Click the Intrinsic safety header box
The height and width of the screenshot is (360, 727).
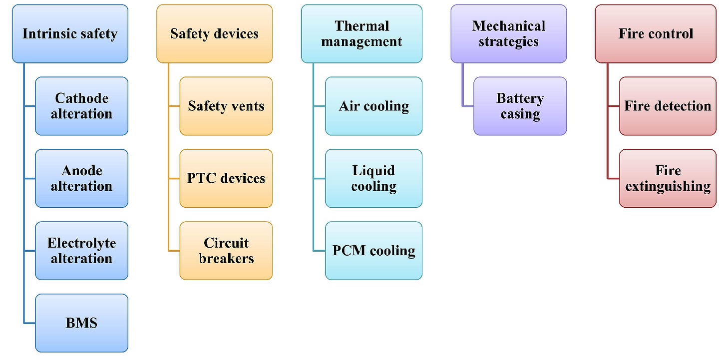point(70,34)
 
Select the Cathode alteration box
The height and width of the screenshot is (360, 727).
point(81,106)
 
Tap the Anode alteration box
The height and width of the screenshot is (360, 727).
point(81,178)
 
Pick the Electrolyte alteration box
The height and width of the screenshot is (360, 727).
point(81,251)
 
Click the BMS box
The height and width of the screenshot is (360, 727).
point(81,323)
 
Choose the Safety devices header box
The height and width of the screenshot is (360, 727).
point(214,34)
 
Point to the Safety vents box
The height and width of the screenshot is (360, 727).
point(226,106)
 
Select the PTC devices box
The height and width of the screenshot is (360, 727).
point(226,178)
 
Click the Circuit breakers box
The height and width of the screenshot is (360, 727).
point(226,251)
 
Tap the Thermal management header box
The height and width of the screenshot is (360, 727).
point(362,34)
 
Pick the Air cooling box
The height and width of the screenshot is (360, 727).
point(373,106)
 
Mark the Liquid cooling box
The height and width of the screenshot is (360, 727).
point(373,178)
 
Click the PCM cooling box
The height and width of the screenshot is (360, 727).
point(373,251)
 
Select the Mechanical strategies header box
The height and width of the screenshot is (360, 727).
point(508,34)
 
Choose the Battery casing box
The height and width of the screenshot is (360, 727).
point(520,106)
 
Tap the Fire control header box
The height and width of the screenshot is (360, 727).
point(656,34)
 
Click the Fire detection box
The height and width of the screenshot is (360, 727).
point(668,106)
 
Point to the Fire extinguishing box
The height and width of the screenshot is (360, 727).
point(668,178)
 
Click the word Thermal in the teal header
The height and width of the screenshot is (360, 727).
point(362,26)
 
